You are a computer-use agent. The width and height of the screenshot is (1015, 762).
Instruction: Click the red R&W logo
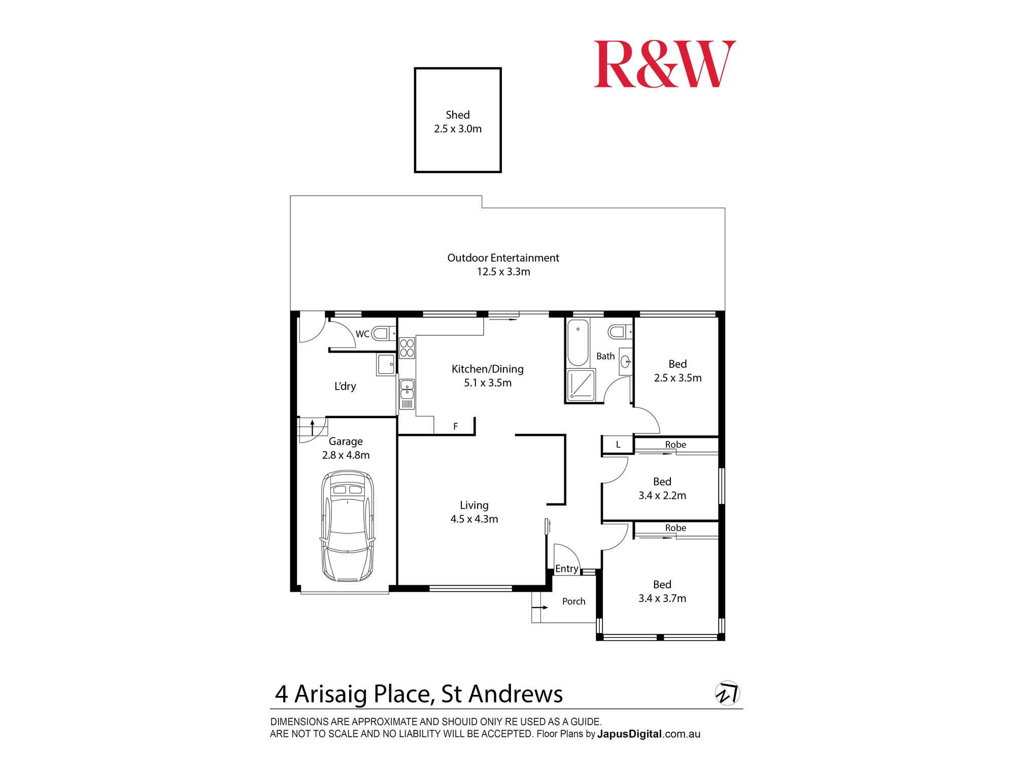[x=664, y=65]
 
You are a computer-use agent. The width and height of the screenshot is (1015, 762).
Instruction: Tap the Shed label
[x=457, y=115]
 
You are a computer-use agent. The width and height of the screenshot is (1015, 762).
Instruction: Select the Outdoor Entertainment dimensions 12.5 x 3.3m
[x=503, y=272]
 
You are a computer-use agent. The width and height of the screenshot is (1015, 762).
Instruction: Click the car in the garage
[x=348, y=526]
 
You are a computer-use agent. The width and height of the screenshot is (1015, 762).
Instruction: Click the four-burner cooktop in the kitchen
[x=407, y=348]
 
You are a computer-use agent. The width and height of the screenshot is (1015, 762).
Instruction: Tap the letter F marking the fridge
[x=455, y=426]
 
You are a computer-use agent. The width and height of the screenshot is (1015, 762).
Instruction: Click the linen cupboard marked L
[x=618, y=444]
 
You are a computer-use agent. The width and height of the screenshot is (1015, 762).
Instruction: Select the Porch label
[x=573, y=601]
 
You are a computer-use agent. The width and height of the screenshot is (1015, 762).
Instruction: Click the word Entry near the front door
[x=566, y=568]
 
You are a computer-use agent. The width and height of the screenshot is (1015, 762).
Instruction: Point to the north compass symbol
[x=727, y=693]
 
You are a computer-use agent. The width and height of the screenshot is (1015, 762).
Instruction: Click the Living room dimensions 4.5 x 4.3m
[x=474, y=519]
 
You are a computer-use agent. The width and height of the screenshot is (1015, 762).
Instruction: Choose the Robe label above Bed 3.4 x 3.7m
[x=675, y=528]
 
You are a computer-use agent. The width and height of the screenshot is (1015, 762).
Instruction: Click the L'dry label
[x=345, y=386]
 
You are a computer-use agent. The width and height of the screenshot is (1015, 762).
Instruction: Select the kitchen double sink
[x=407, y=389]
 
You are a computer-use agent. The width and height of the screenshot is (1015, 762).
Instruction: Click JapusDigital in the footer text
[x=629, y=734]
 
